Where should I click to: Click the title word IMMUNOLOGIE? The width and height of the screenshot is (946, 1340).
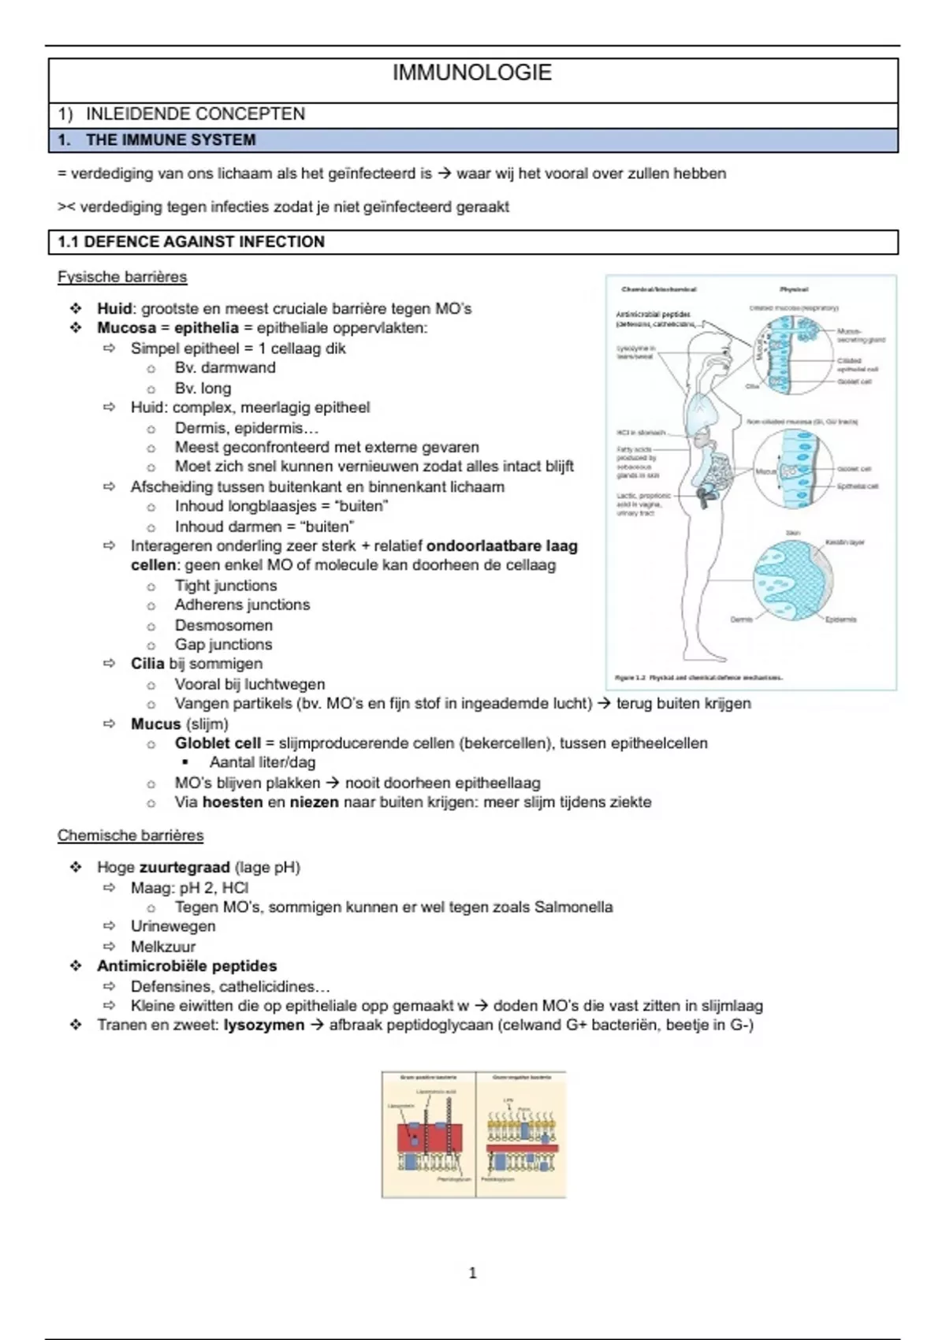coord(471,73)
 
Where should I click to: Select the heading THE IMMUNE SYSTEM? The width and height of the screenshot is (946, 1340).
coord(170,140)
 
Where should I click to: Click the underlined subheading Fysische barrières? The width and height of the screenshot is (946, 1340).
coord(122,277)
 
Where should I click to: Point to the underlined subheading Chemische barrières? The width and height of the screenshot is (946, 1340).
coord(130,836)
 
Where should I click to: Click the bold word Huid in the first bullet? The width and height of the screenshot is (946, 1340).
coord(114,309)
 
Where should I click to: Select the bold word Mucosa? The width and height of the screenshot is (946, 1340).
coord(126,328)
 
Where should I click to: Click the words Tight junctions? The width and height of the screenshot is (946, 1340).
coord(225,586)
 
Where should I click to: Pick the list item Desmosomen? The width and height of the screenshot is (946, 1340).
coord(224,625)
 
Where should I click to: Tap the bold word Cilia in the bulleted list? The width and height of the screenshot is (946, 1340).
coord(147,664)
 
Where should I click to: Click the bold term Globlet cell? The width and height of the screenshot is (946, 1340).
coord(218,743)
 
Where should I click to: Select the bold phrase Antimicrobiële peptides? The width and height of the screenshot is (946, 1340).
coord(187,966)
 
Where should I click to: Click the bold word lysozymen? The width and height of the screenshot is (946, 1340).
coord(263,1025)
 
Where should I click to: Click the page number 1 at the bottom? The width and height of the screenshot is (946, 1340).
coord(472,1273)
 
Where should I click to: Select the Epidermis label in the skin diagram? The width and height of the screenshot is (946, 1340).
coord(840,620)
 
